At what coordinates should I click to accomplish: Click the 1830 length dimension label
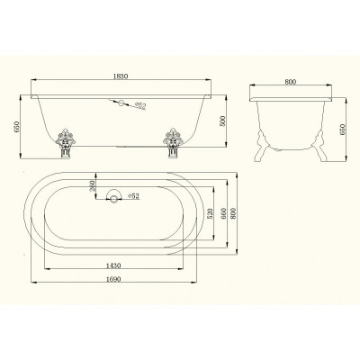tap(121, 76)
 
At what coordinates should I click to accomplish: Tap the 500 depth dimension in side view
tap(222, 121)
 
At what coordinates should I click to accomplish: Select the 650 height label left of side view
tap(17, 127)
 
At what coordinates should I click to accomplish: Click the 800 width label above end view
tap(291, 82)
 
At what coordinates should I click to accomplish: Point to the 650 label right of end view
tap(343, 130)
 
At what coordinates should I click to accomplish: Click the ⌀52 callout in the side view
tap(140, 105)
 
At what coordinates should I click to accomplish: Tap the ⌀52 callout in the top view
tap(133, 196)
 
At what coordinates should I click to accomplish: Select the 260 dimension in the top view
tap(93, 186)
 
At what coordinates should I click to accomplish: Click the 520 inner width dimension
tap(210, 213)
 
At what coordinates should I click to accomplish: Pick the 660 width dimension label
tap(223, 213)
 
